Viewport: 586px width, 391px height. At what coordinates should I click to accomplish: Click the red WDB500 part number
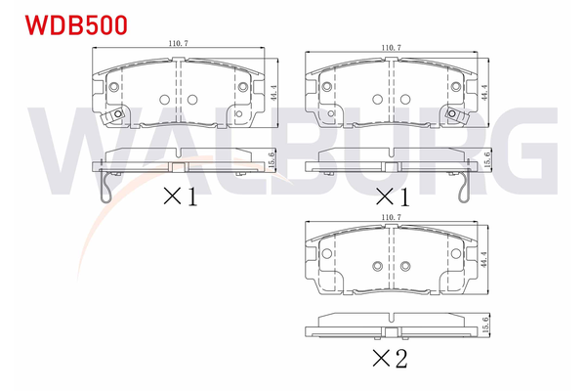63,24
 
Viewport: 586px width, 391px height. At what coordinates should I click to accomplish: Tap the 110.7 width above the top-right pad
392,46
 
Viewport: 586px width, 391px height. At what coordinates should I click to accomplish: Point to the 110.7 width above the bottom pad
392,216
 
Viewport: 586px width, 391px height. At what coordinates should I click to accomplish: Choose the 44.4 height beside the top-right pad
485,95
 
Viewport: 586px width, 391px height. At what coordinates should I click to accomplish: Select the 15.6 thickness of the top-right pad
486,157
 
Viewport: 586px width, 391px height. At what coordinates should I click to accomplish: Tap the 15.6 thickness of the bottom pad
486,325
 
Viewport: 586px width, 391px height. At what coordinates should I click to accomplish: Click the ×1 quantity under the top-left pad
180,197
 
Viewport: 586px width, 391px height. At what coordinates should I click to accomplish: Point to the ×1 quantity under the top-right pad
391,197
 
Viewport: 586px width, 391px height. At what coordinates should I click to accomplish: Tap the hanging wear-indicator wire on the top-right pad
465,185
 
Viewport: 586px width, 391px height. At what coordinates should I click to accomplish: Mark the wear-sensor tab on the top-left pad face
120,116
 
